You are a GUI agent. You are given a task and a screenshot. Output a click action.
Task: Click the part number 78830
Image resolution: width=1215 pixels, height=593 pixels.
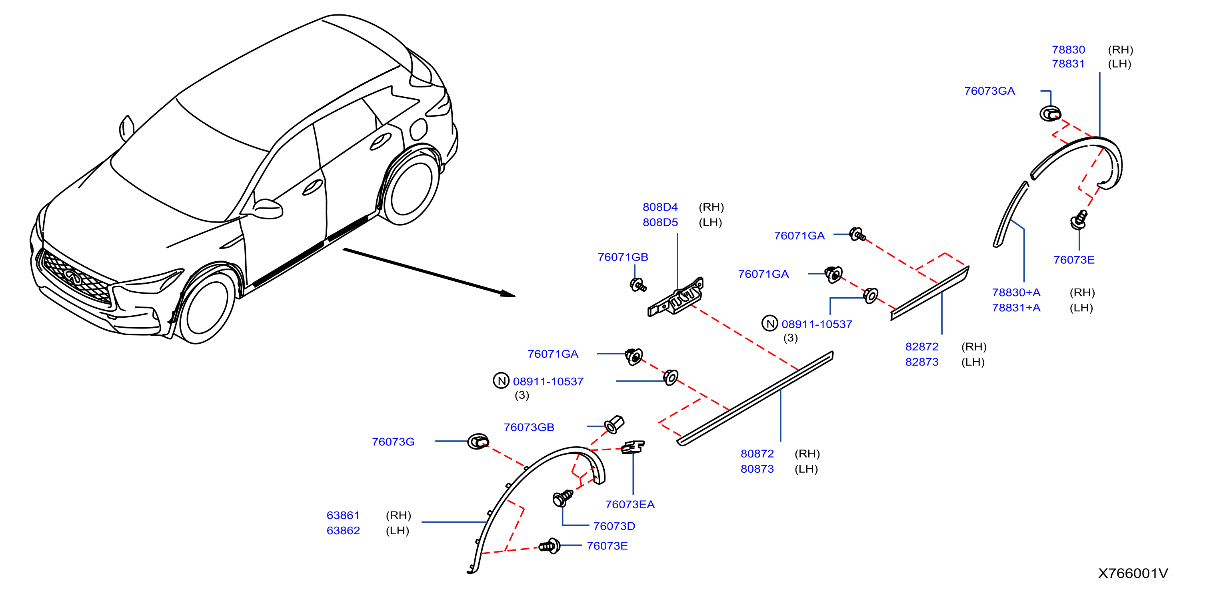(x=1068, y=50)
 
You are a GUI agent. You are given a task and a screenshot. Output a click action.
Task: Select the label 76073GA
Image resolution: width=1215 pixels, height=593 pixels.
(x=989, y=91)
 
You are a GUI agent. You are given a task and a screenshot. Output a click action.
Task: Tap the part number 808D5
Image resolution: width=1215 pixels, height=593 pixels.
(x=660, y=222)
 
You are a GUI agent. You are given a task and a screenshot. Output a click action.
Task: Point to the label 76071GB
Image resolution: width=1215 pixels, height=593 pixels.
(x=623, y=257)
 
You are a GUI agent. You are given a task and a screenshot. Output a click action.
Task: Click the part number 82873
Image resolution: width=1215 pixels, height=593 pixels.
(x=921, y=362)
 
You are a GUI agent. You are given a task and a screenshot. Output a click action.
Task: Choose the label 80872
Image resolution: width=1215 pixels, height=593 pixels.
(x=757, y=454)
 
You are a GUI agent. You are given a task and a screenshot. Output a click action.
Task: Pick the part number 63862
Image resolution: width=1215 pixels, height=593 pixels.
(x=343, y=530)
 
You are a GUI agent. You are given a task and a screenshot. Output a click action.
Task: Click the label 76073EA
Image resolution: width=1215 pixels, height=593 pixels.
(x=629, y=504)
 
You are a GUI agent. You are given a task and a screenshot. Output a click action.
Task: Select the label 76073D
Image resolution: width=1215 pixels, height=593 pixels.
(x=613, y=526)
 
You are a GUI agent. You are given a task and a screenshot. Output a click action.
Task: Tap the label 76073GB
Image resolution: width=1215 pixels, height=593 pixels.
(x=529, y=427)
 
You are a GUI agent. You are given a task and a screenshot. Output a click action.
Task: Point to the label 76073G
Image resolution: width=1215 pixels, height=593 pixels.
(x=393, y=442)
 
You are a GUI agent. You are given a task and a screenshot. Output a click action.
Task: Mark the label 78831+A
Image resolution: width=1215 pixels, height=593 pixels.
(x=1016, y=307)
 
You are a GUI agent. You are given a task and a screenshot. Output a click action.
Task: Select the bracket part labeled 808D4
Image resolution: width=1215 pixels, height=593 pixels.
(x=675, y=297)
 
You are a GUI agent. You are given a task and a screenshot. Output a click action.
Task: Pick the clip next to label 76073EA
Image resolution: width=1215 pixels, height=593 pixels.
(x=632, y=447)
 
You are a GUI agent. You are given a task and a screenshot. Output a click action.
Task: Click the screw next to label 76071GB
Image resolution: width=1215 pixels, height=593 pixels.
(x=638, y=285)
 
